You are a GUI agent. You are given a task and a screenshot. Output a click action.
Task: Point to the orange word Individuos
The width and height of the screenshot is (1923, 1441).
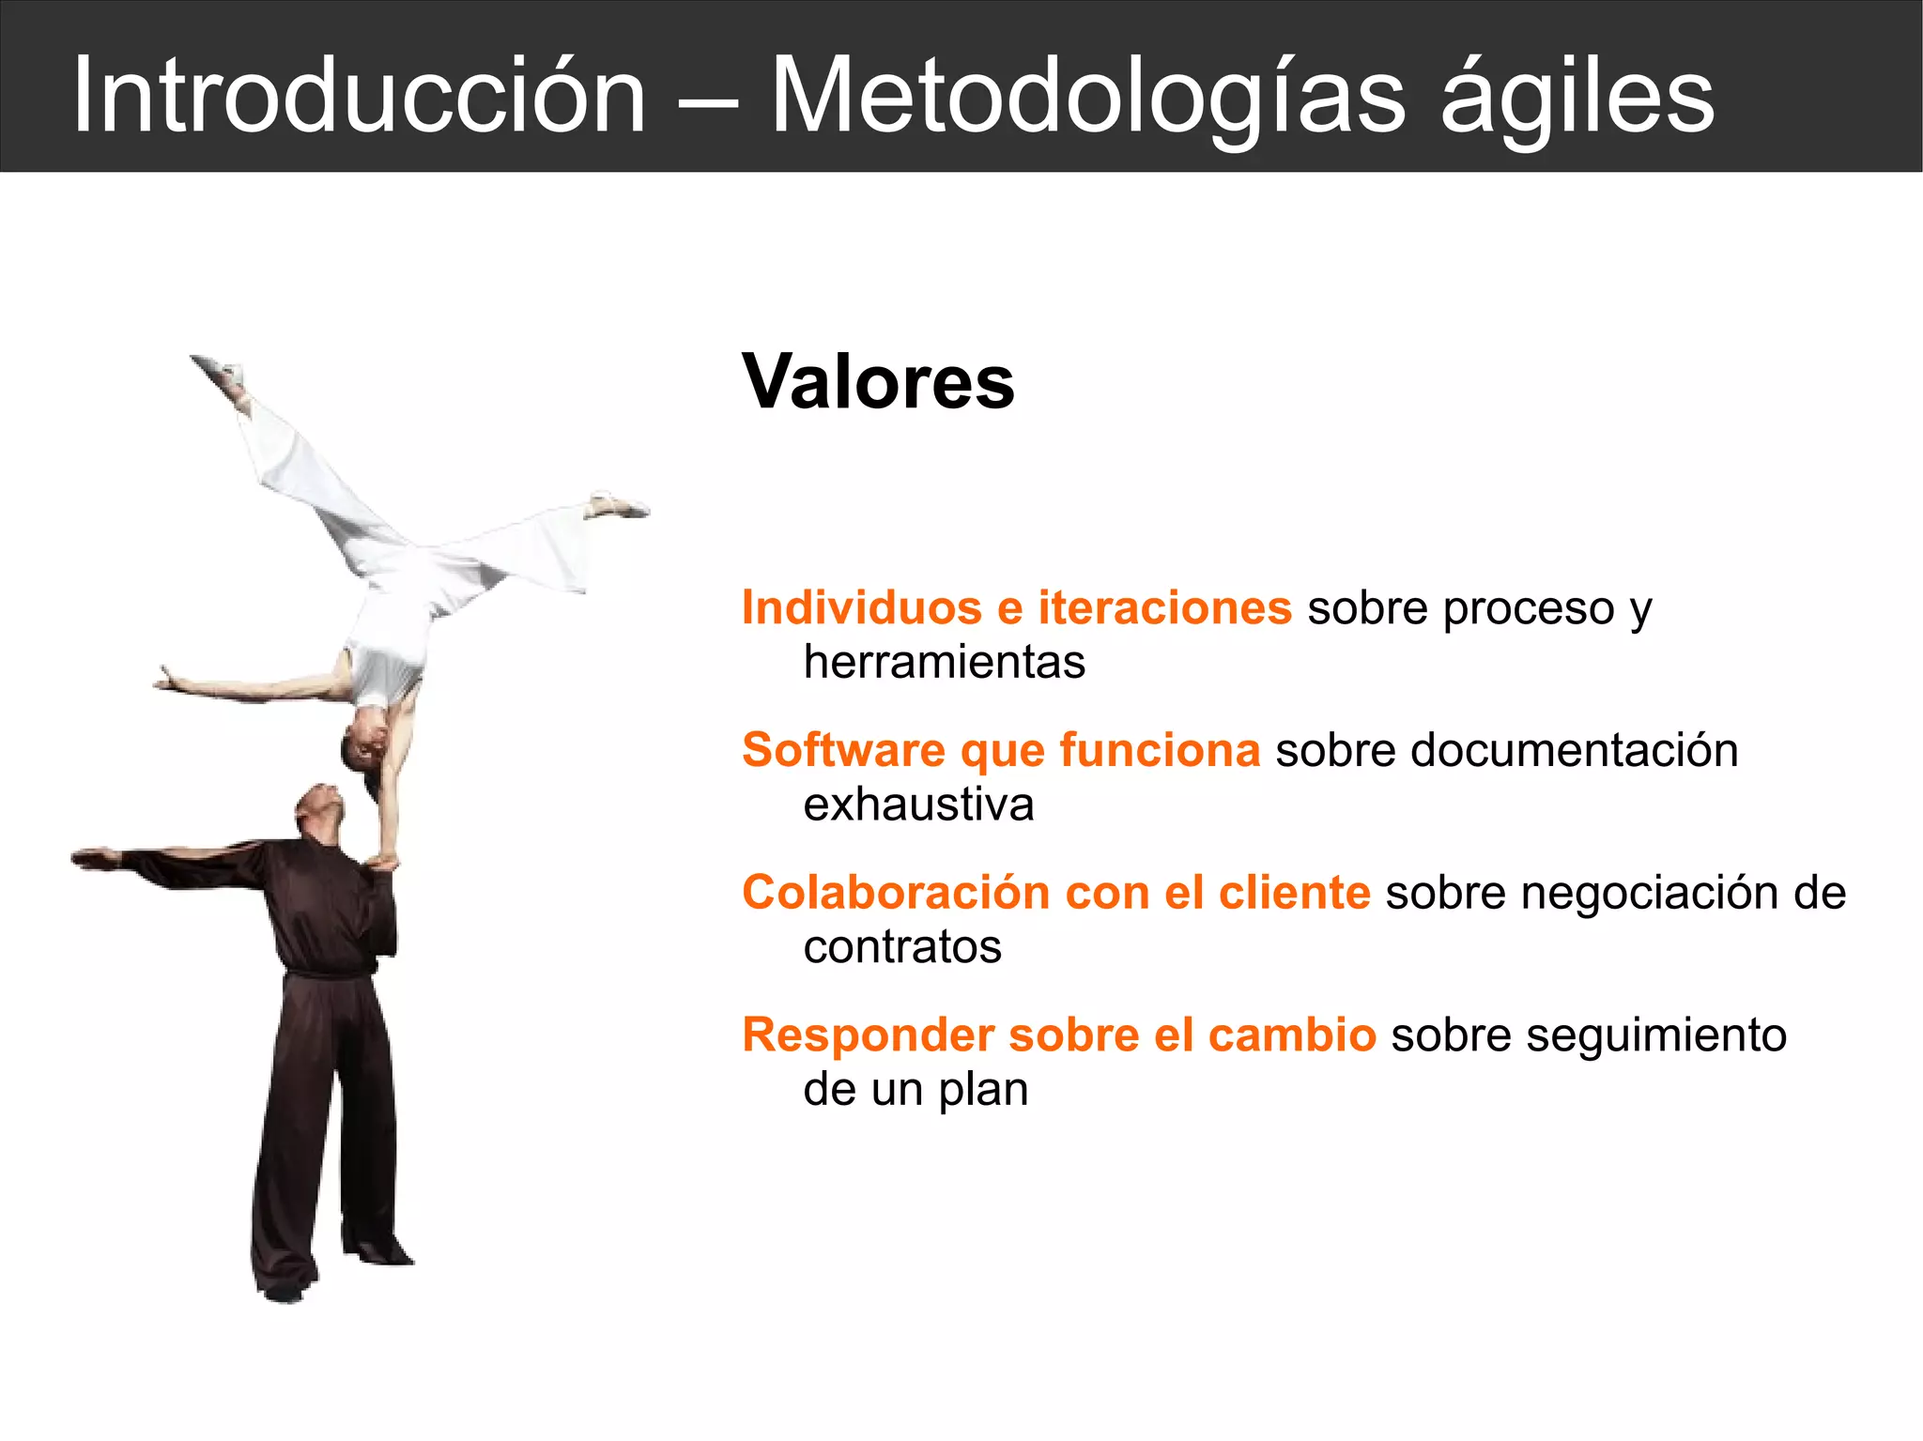pos(861,607)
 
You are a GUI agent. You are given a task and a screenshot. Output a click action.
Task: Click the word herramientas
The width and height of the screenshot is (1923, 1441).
pos(944,662)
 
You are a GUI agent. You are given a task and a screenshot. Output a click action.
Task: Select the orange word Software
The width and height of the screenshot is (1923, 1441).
pos(843,750)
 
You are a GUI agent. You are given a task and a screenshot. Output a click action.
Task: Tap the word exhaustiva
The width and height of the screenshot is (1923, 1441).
pos(918,805)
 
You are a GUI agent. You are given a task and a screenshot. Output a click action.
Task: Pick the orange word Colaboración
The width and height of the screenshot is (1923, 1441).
pos(896,892)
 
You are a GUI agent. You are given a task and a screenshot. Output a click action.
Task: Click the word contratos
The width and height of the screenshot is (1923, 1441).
pos(902,946)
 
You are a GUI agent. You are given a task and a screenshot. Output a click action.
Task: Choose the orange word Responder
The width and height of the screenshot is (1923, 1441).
pos(868,1035)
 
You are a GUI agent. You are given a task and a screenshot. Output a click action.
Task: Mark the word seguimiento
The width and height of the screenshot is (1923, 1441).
pos(1655,1035)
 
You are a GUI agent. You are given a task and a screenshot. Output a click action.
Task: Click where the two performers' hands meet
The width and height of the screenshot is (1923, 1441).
pos(382,859)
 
